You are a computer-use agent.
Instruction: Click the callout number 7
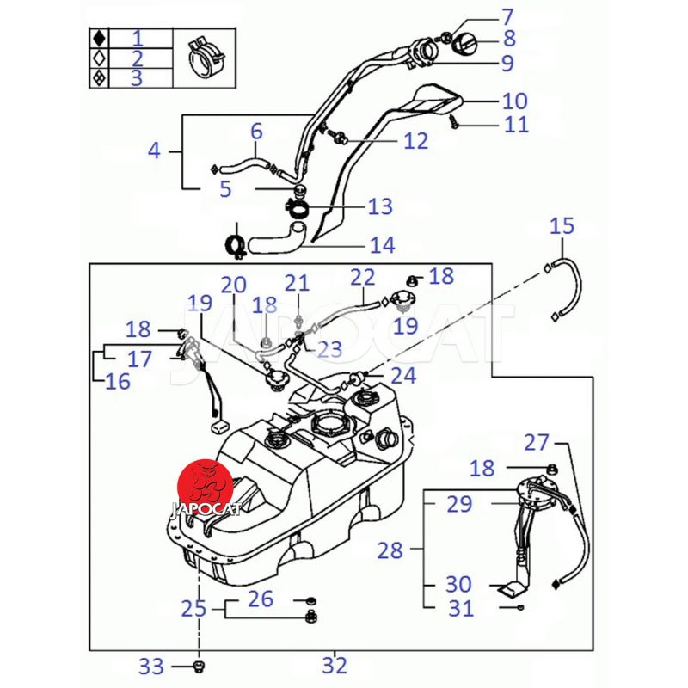click(507, 15)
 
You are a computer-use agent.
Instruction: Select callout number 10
click(514, 101)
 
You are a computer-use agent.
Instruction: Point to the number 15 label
click(562, 226)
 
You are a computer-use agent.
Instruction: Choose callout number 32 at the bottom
click(335, 664)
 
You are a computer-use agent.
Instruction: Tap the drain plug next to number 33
click(198, 666)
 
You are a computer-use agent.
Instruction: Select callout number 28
click(390, 550)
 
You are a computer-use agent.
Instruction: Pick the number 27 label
click(537, 442)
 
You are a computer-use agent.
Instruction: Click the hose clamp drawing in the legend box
click(206, 57)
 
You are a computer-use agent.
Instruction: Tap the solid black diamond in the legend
click(100, 38)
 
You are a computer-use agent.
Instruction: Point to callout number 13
click(379, 206)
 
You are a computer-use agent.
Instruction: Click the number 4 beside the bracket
click(154, 150)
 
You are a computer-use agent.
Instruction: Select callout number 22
click(363, 277)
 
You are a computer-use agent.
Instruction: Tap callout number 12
click(415, 139)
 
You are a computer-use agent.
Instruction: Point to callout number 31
click(461, 609)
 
